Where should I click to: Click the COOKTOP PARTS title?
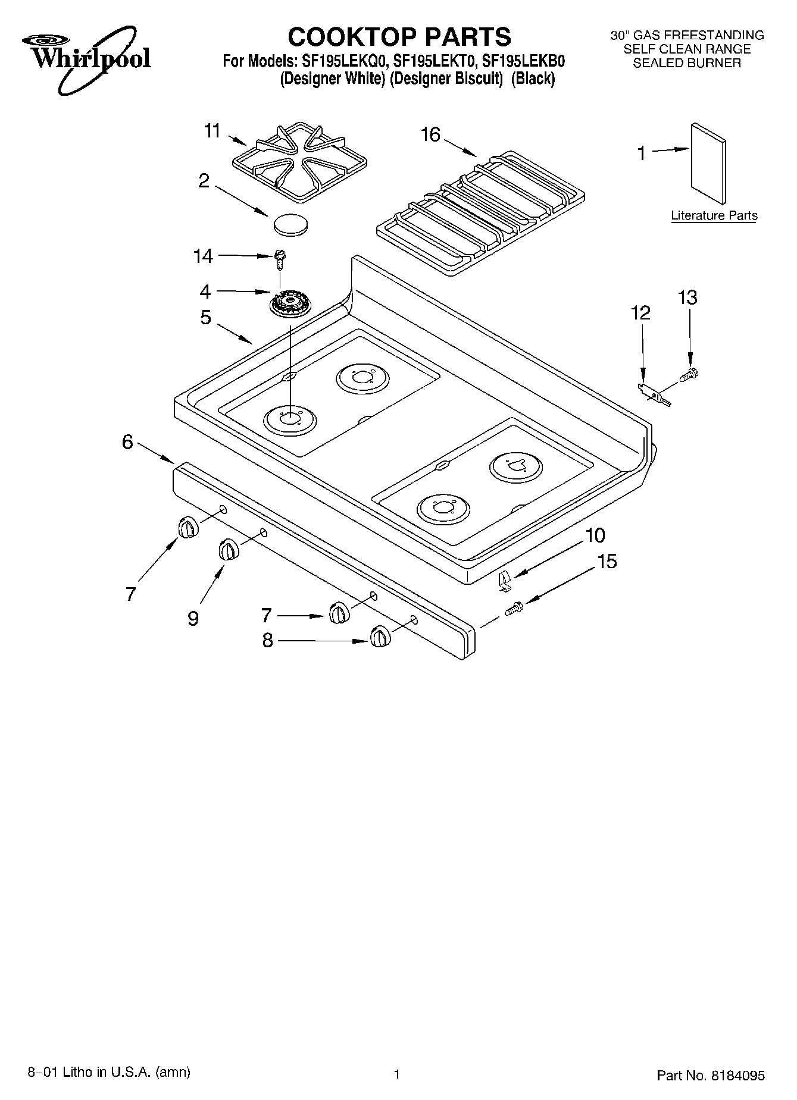coord(399,37)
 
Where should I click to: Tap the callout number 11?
coord(212,130)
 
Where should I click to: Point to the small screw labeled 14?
coord(279,257)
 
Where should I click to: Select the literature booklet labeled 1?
coord(708,163)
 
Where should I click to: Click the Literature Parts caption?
coord(714,215)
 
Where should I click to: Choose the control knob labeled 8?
coord(379,637)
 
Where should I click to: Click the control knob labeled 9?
coord(228,549)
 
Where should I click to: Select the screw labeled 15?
coord(514,609)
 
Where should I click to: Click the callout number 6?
coord(127,442)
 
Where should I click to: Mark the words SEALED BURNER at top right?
coord(687,63)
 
